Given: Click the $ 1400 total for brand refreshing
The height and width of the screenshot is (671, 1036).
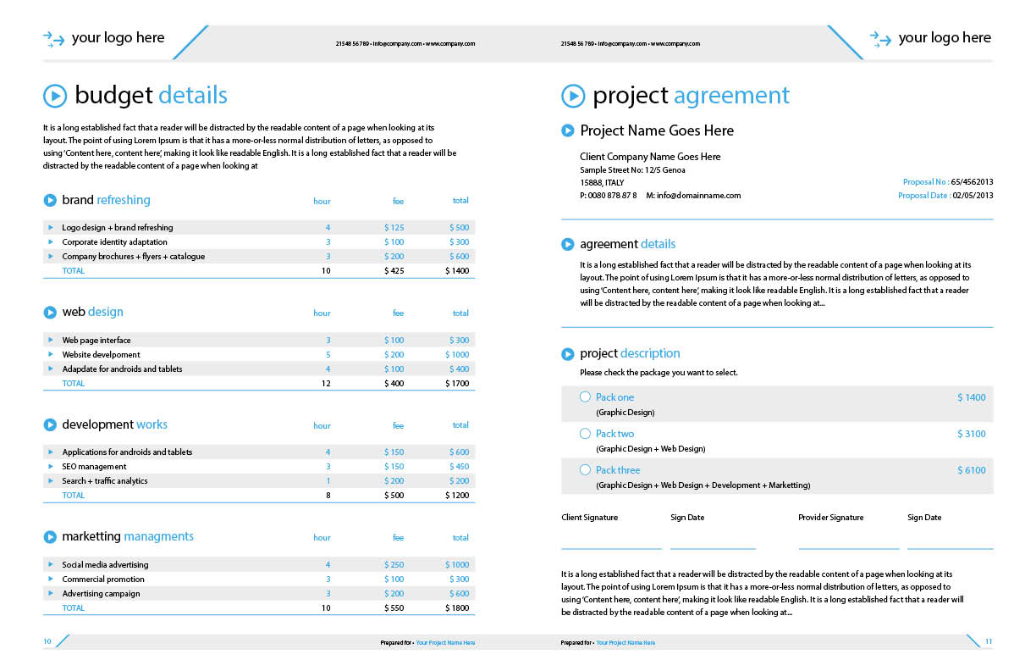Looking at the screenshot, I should [456, 271].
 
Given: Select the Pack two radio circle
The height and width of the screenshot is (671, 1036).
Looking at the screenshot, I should [585, 434].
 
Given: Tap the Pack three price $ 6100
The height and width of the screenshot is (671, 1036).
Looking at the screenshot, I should [971, 470].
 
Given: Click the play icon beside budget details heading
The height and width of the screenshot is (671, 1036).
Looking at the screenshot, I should [55, 96].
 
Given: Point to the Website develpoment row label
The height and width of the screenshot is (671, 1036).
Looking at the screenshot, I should [102, 355].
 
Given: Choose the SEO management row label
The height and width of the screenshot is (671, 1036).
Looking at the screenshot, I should [94, 467].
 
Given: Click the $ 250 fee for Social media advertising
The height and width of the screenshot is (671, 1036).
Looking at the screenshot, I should [394, 565].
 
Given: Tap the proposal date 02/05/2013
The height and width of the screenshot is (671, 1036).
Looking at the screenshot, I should [973, 196].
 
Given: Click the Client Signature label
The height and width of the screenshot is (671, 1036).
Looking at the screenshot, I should [589, 518].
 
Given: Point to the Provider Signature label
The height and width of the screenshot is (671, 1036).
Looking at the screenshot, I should [830, 518].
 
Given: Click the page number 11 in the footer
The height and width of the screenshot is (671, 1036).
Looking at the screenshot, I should [988, 642].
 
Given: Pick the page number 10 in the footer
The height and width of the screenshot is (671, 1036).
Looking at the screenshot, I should [47, 642].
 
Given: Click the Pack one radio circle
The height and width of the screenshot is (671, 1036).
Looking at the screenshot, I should [585, 397].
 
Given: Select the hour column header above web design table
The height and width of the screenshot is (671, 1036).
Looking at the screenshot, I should [322, 313].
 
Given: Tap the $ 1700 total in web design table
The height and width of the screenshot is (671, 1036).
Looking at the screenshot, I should [456, 384].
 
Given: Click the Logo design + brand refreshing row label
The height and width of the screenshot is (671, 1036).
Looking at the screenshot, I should [117, 228].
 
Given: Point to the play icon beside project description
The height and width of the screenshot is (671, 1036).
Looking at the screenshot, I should [567, 353].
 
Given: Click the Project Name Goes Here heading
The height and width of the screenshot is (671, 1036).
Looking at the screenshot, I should [657, 130].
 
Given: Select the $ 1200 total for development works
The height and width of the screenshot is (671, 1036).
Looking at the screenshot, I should [456, 496].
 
